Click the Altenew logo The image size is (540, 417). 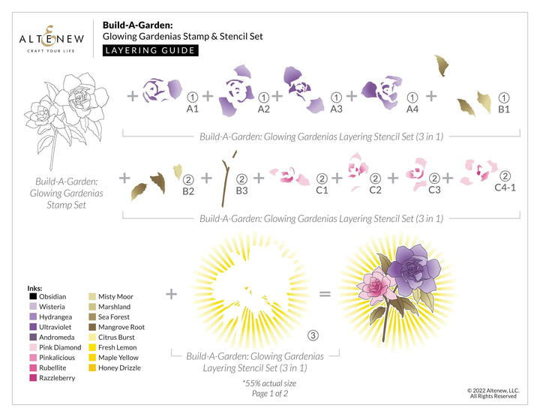pos(51,34)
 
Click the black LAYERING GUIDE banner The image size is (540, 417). pos(150,51)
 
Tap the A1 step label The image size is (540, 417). pos(192,109)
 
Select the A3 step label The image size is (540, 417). pos(336,109)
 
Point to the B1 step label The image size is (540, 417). pos(504,109)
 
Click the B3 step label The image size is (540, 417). pos(241,190)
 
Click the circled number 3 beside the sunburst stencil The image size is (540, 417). pos(313,335)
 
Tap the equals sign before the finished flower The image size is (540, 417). pos(325,293)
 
